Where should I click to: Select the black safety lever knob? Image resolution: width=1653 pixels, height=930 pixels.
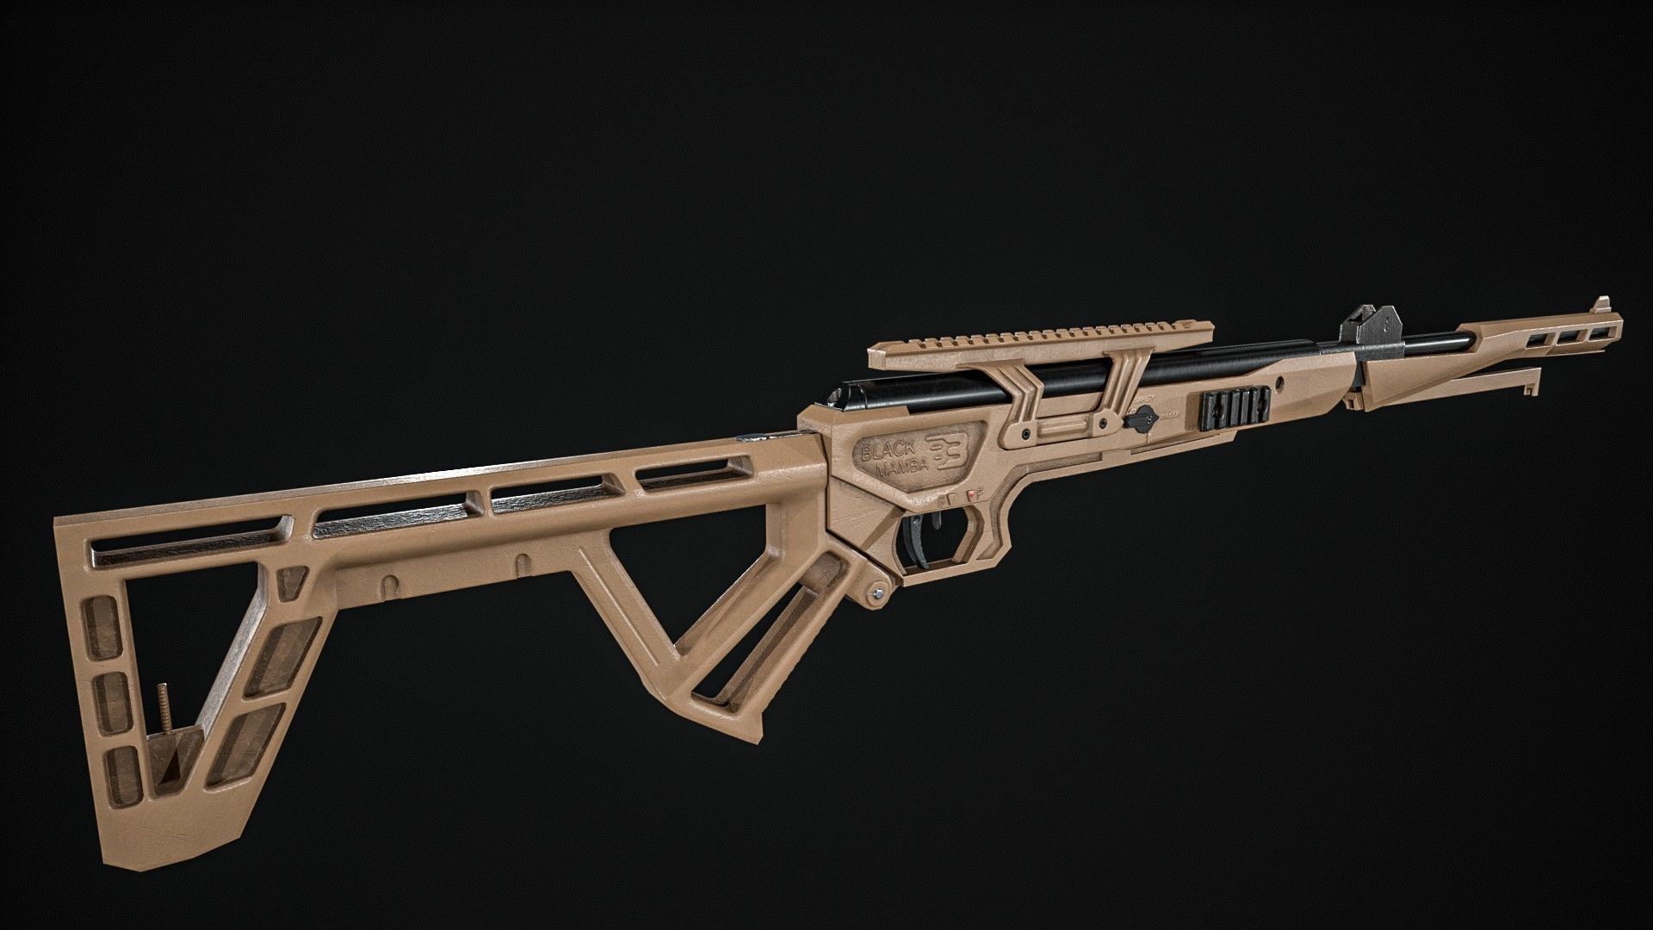coord(1142,422)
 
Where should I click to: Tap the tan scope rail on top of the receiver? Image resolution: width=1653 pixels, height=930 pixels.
coord(1042,338)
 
